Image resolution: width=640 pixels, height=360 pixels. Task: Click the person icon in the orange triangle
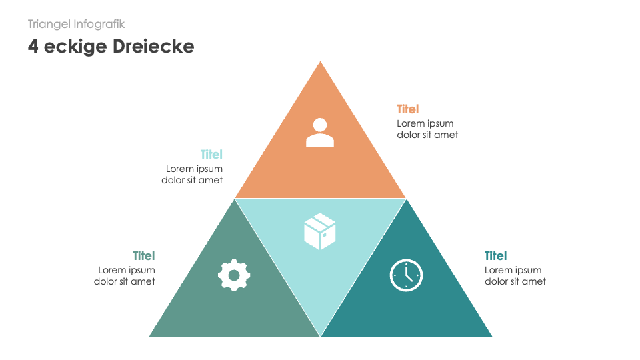tap(320, 133)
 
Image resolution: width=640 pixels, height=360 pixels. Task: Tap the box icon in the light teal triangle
tap(320, 231)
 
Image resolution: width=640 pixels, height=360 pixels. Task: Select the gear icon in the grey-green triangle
tap(234, 275)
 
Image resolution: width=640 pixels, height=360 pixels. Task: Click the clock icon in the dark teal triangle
tap(406, 275)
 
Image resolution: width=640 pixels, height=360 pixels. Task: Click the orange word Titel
tap(408, 109)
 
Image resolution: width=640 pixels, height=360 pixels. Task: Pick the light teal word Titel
tap(211, 155)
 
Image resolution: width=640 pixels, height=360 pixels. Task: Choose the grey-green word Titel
tap(144, 256)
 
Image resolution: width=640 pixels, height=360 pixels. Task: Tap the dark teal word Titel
tap(495, 256)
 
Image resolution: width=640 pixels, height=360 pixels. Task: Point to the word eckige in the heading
tap(73, 47)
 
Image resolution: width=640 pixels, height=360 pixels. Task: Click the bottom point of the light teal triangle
tap(321, 335)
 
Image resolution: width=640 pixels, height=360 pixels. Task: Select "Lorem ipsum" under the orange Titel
tap(425, 123)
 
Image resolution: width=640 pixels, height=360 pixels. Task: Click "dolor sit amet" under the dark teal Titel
tap(515, 281)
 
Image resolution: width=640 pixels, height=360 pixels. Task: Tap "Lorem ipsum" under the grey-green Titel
tap(127, 270)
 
